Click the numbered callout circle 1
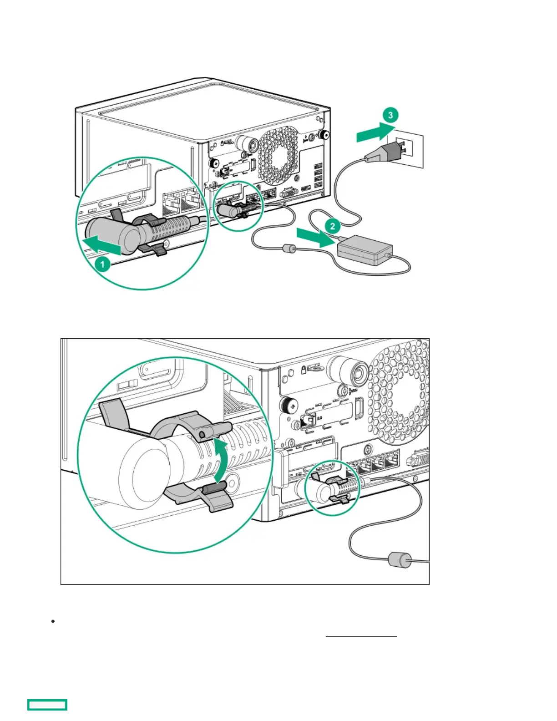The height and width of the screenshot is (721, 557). click(x=102, y=264)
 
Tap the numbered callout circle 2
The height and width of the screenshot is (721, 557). click(x=333, y=226)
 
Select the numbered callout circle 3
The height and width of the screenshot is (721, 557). click(x=390, y=115)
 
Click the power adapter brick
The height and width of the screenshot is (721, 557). click(x=365, y=249)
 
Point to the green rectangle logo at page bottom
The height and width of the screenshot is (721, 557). click(x=47, y=705)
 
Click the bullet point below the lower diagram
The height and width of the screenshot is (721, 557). click(x=53, y=621)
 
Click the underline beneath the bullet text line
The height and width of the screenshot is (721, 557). click(x=361, y=636)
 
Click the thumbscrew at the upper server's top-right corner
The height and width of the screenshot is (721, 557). click(x=324, y=134)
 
